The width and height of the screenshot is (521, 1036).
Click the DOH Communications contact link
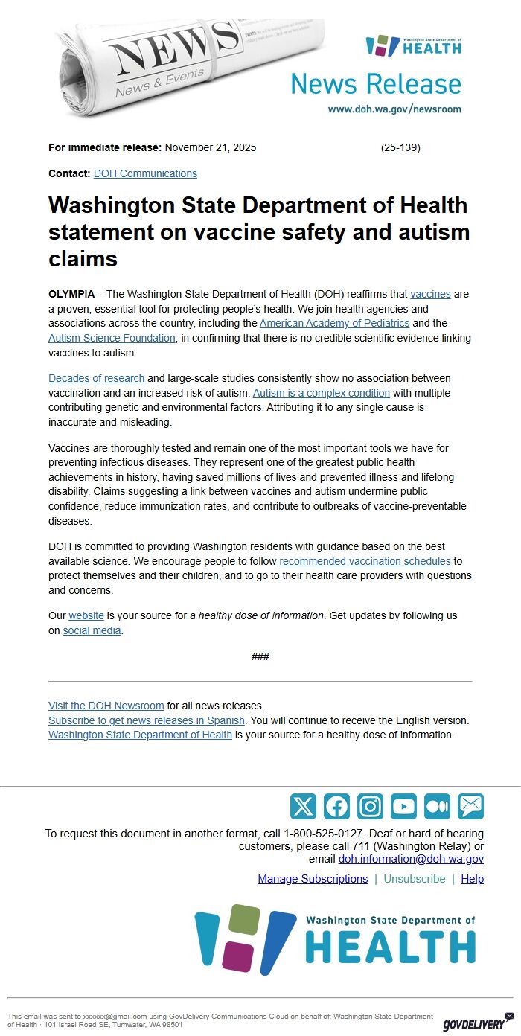pyautogui.click(x=145, y=173)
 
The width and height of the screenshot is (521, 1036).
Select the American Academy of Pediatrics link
pyautogui.click(x=334, y=323)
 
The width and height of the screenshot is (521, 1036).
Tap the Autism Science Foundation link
pyautogui.click(x=112, y=338)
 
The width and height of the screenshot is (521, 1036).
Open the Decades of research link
pyautogui.click(x=96, y=378)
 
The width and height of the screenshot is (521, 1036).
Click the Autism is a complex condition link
pyautogui.click(x=322, y=393)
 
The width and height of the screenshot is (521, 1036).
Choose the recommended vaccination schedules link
pyautogui.click(x=365, y=560)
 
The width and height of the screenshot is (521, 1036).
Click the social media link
pyautogui.click(x=92, y=630)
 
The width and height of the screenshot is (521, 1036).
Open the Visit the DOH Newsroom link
pyautogui.click(x=106, y=706)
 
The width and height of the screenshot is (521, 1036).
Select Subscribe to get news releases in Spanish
pyautogui.click(x=147, y=720)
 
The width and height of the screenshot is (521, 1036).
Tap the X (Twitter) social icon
pyautogui.click(x=303, y=806)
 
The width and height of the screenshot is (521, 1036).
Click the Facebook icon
pyautogui.click(x=336, y=806)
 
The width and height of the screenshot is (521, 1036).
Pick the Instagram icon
pyautogui.click(x=370, y=806)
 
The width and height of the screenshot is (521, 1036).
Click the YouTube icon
pyautogui.click(x=403, y=806)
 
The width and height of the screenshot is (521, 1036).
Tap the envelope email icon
pyautogui.click(x=470, y=806)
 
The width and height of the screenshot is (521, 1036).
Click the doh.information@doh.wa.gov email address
pyautogui.click(x=411, y=859)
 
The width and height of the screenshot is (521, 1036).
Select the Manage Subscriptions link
pyautogui.click(x=313, y=879)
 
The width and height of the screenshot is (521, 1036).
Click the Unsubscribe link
pyautogui.click(x=414, y=879)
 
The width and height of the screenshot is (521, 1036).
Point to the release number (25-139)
pyautogui.click(x=400, y=147)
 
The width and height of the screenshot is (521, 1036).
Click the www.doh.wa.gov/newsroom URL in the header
pyautogui.click(x=394, y=109)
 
